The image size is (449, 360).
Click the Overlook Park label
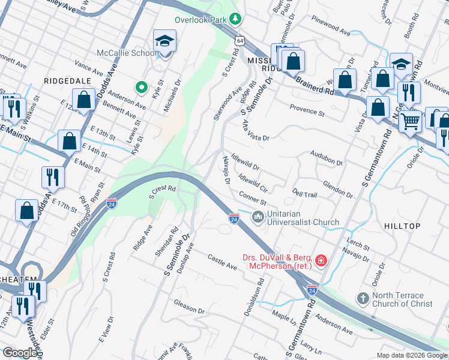click(x=200, y=19)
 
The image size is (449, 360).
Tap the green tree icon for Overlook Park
click(x=237, y=19)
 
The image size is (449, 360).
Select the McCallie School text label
click(x=127, y=53)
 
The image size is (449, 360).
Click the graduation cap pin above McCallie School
click(x=164, y=41)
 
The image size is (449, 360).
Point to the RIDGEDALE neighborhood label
click(x=67, y=80)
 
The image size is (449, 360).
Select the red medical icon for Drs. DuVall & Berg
click(x=322, y=260)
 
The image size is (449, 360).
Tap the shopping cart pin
click(x=411, y=122)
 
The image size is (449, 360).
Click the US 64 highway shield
click(x=240, y=40)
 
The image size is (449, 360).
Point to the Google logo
click(x=20, y=353)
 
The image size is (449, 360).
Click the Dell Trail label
click(x=304, y=193)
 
